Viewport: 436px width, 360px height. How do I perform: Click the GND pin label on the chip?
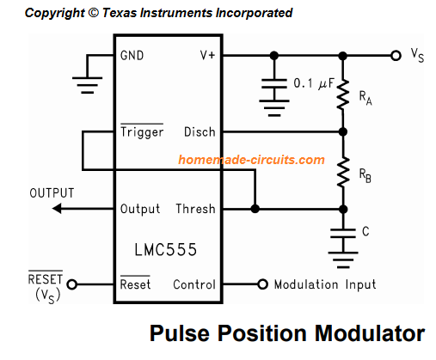pos(132,56)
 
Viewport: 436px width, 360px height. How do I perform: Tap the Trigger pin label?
pos(141,132)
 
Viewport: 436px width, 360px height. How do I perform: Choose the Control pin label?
pos(193,284)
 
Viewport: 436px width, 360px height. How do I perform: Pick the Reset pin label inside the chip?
pos(136,284)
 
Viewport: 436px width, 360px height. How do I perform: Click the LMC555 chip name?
pos(166,251)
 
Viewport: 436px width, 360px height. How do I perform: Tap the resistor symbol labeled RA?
pos(343,95)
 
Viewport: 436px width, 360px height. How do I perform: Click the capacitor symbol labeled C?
pos(343,233)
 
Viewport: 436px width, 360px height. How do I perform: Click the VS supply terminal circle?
pos(395,56)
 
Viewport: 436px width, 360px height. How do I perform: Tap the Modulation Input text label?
pos(324,284)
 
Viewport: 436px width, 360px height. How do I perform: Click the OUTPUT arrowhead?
pos(58,209)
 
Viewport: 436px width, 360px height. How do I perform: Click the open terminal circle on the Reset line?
pos(72,284)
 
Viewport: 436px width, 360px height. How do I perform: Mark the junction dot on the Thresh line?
pos(255,209)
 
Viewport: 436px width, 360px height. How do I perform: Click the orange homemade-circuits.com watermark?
pos(251,160)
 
